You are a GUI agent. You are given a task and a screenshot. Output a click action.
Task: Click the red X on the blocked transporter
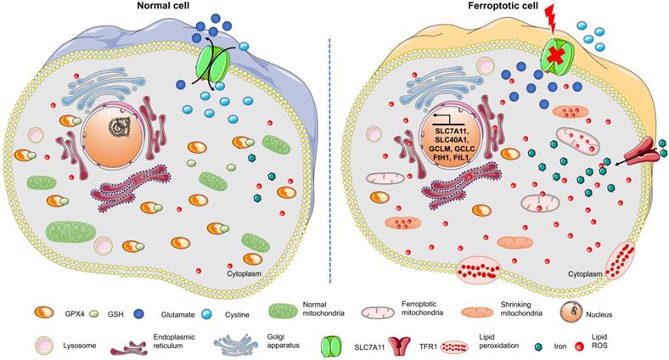556,59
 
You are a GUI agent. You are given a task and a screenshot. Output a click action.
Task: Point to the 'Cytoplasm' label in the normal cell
247,275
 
